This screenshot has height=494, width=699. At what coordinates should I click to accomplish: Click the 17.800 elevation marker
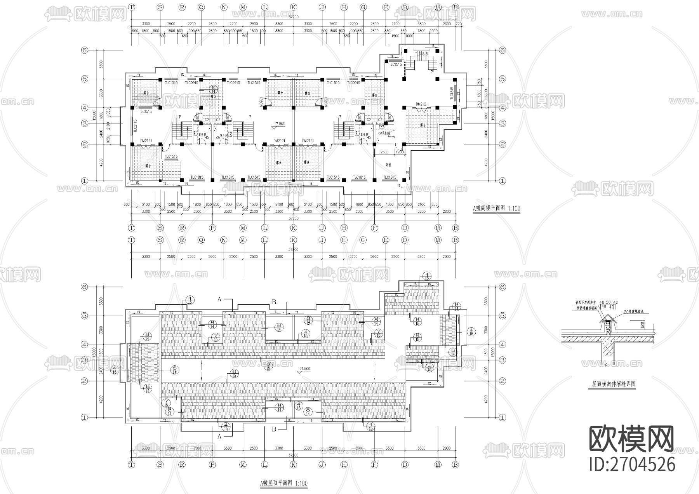tap(279, 124)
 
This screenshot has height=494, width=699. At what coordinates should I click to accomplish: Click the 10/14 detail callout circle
tap(213, 89)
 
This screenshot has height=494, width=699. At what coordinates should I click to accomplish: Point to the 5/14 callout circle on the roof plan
tap(174, 370)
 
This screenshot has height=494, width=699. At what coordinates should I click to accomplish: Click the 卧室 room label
tap(388, 165)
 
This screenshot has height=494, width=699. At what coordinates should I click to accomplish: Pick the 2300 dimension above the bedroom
tap(384, 152)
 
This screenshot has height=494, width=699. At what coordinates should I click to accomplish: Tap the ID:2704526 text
tap(632, 464)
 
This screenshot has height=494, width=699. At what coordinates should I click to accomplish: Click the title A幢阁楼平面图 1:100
tap(496, 209)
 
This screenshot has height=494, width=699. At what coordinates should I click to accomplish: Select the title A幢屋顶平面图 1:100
tap(283, 484)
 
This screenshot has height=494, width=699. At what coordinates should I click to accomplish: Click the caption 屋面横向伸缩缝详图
tap(614, 384)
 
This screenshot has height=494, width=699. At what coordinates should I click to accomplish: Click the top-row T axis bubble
tap(132, 7)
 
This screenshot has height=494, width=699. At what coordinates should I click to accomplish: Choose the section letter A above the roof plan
tap(219, 299)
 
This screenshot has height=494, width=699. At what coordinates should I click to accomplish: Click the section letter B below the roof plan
tap(274, 429)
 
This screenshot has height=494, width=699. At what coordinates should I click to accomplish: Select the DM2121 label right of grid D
tap(421, 104)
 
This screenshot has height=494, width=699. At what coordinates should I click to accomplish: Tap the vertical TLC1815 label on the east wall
tap(452, 93)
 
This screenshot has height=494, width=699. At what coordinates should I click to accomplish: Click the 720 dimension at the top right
tap(457, 24)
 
